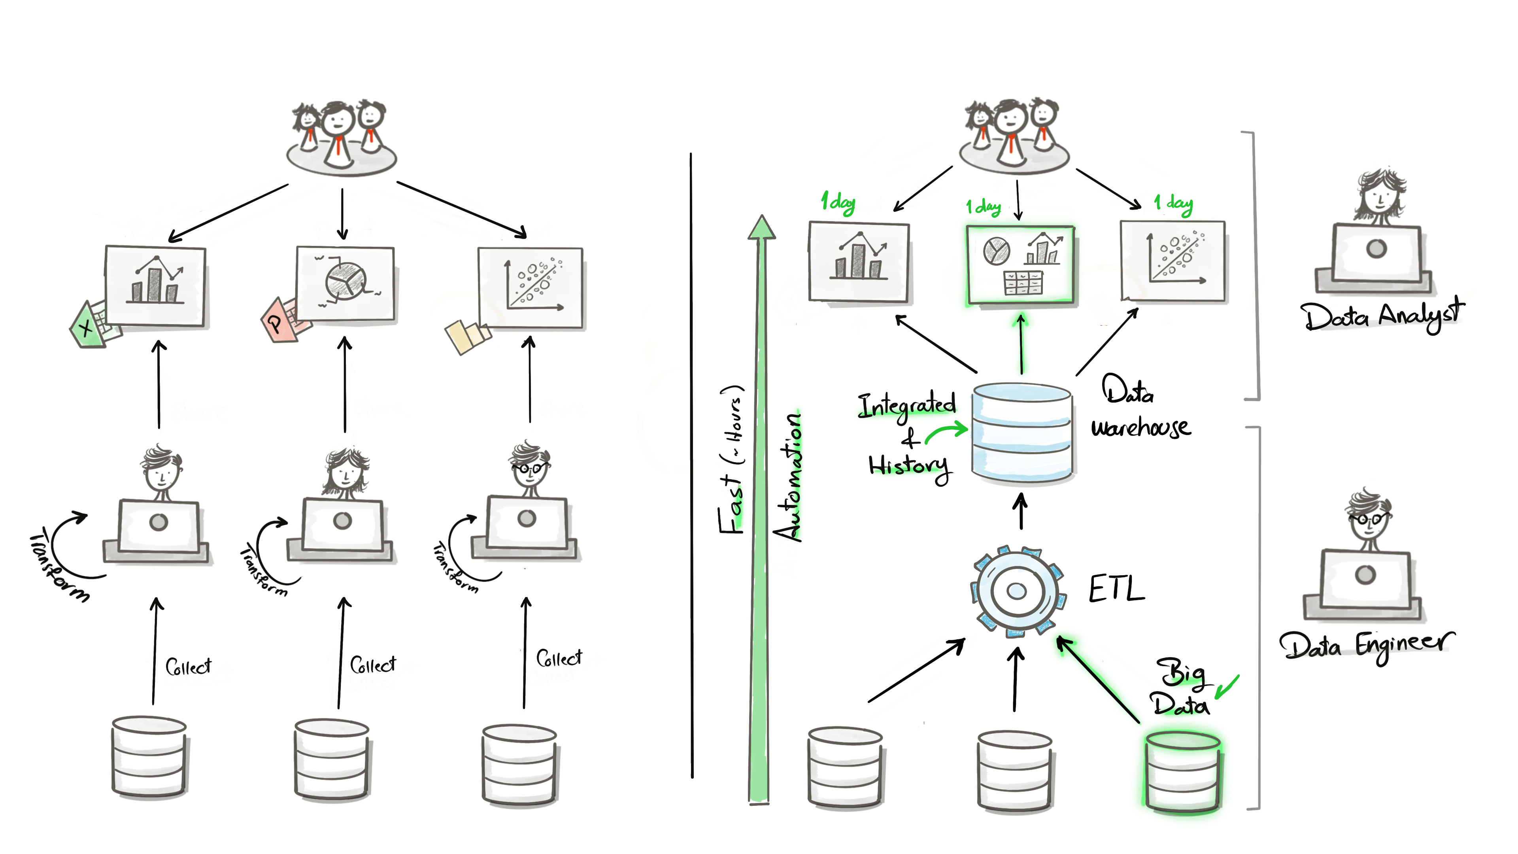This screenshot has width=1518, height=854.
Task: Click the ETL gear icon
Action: (x=1017, y=591)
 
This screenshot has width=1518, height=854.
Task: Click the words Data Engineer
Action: (x=1366, y=645)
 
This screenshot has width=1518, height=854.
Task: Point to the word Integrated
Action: (x=906, y=406)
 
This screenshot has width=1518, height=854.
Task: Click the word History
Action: (x=909, y=467)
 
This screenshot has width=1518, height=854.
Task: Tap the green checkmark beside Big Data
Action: (x=1227, y=687)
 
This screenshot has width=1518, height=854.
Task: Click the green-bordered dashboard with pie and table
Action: (x=1020, y=265)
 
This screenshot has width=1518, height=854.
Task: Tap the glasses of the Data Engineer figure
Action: (x=1368, y=520)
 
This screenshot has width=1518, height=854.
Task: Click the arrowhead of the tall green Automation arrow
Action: (x=761, y=227)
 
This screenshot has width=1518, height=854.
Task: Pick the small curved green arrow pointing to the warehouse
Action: (x=946, y=433)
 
